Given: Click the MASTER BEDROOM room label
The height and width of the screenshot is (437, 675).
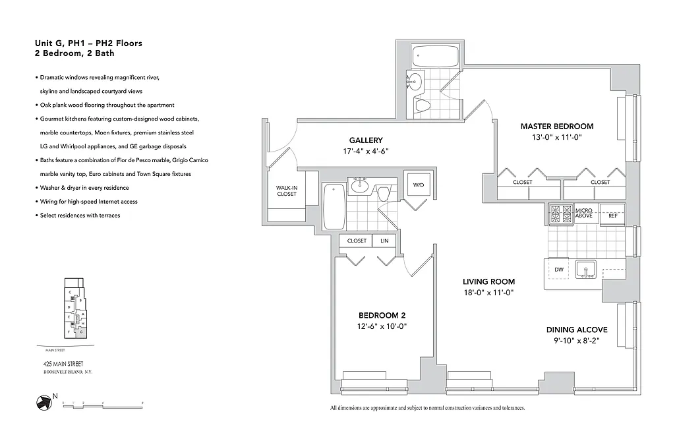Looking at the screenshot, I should [556, 126].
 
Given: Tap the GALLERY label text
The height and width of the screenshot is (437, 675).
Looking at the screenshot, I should [366, 140].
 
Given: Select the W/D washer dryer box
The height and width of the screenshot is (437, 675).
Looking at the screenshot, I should [419, 186].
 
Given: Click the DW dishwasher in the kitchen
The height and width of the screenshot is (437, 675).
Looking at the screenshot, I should [558, 269].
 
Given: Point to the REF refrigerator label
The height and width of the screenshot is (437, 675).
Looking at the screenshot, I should [612, 216].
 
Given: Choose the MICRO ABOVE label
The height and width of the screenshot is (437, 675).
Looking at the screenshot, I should [583, 212].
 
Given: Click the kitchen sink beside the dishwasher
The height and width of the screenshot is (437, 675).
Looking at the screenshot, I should [585, 270].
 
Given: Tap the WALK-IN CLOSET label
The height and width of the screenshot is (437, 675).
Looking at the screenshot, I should [286, 190].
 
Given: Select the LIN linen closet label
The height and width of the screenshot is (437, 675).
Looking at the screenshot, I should [384, 241].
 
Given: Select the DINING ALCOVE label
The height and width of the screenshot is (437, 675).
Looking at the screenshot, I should [576, 330].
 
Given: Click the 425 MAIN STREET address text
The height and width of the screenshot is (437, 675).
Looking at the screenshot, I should [60, 364].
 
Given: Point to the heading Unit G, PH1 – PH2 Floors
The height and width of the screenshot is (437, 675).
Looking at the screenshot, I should [88, 44].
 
